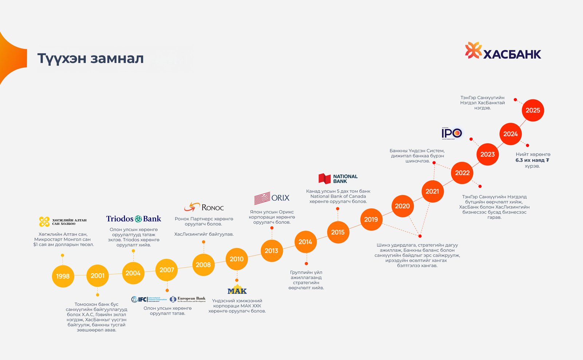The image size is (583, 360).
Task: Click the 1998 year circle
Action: pos(63,276)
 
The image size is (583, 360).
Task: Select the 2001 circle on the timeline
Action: pos(98,275)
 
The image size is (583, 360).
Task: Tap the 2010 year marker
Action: pos(236,259)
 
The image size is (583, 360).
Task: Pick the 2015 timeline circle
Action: pos(338,232)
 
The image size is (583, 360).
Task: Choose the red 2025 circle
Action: pos(533,110)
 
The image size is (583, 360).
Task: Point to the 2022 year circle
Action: pos(462,173)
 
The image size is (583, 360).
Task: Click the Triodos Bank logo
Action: pos(133,219)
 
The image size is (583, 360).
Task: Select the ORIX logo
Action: pos(272,198)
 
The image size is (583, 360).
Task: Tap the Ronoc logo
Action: pos(204,207)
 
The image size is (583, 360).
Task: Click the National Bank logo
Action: pos(338,179)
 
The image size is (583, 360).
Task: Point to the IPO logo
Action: pos(452,133)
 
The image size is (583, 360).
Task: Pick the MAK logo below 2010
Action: pos(237,290)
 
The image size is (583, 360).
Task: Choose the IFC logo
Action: pos(149,299)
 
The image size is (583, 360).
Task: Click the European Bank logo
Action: pos(188,299)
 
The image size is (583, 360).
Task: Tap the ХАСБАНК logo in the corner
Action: pos(503,51)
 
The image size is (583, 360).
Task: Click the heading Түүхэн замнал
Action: pos(90,58)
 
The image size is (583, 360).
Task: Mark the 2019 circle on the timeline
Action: pos(371,219)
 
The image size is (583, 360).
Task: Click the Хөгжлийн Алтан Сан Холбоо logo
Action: pos(63,222)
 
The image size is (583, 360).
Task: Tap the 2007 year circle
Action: pos(167,270)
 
